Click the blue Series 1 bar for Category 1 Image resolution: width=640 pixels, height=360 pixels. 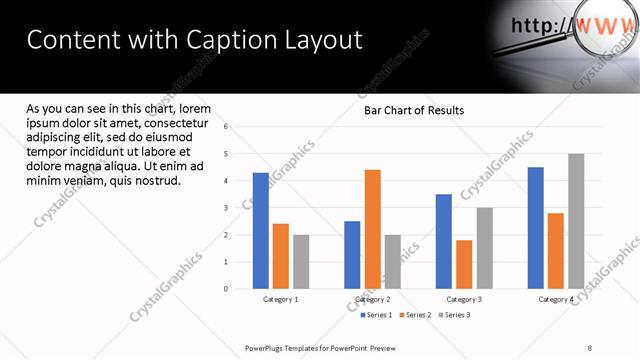tap(260, 231)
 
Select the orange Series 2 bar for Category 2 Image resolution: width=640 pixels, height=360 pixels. tap(372, 229)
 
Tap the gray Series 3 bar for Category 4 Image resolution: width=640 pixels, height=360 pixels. tap(576, 221)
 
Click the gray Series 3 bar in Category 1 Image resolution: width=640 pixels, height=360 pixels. tap(301, 262)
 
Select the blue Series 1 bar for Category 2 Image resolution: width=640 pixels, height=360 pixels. tap(352, 255)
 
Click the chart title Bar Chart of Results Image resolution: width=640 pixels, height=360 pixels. tap(413, 111)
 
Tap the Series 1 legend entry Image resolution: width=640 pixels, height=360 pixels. tap(376, 315)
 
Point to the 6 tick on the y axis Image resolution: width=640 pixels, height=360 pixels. tap(226, 127)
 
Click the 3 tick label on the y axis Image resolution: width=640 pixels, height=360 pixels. tap(226, 208)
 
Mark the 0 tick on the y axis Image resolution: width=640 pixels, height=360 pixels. tap(226, 289)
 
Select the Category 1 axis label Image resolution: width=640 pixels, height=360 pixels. tap(281, 299)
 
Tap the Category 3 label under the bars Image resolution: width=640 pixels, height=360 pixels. tap(464, 299)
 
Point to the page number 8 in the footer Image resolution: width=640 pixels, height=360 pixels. tap(590, 348)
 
